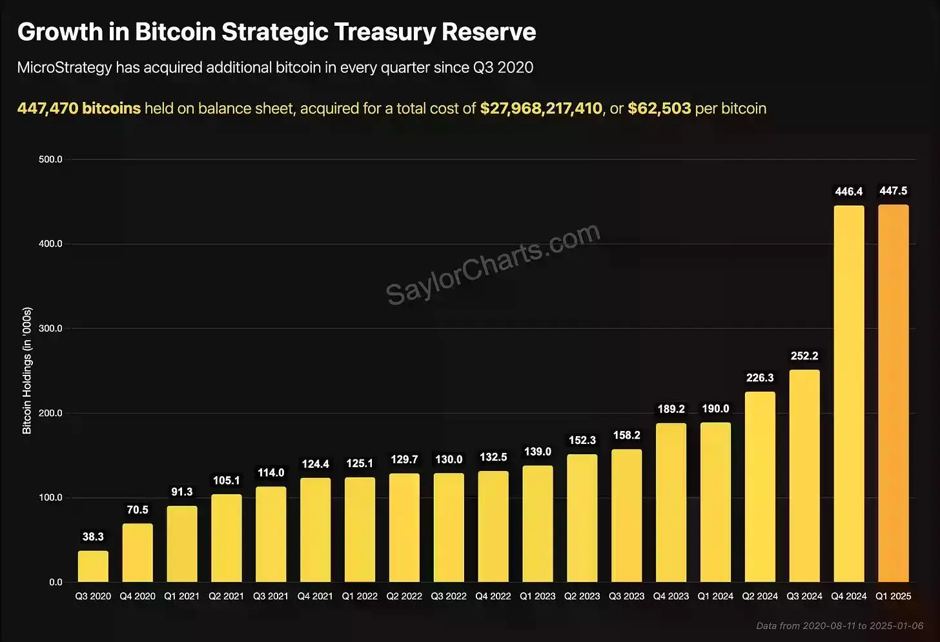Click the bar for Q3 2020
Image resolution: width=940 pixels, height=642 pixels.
(93, 566)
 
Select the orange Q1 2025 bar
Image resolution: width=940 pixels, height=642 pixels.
(894, 394)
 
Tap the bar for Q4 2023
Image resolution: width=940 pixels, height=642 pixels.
(671, 503)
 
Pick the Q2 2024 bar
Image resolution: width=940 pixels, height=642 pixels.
(760, 487)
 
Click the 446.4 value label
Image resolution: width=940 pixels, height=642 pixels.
(849, 192)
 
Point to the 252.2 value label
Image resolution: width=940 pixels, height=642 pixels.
(804, 356)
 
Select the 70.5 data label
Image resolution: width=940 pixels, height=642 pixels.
(138, 510)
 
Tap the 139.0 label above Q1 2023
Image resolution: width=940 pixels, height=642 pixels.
(538, 452)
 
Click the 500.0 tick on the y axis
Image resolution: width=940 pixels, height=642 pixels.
(50, 159)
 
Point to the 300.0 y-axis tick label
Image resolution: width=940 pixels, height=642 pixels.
(50, 328)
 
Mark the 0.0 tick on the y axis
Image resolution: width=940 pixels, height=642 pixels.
(56, 582)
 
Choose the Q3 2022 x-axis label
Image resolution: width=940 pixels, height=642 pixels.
(449, 596)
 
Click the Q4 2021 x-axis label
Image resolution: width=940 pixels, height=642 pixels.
(315, 596)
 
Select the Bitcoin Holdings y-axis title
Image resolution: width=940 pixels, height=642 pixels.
(27, 371)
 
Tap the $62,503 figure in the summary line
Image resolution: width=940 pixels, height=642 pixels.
(659, 108)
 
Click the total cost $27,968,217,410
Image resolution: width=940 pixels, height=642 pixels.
(541, 108)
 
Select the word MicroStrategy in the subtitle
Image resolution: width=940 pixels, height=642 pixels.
(65, 68)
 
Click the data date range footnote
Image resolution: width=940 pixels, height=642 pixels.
(840, 626)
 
